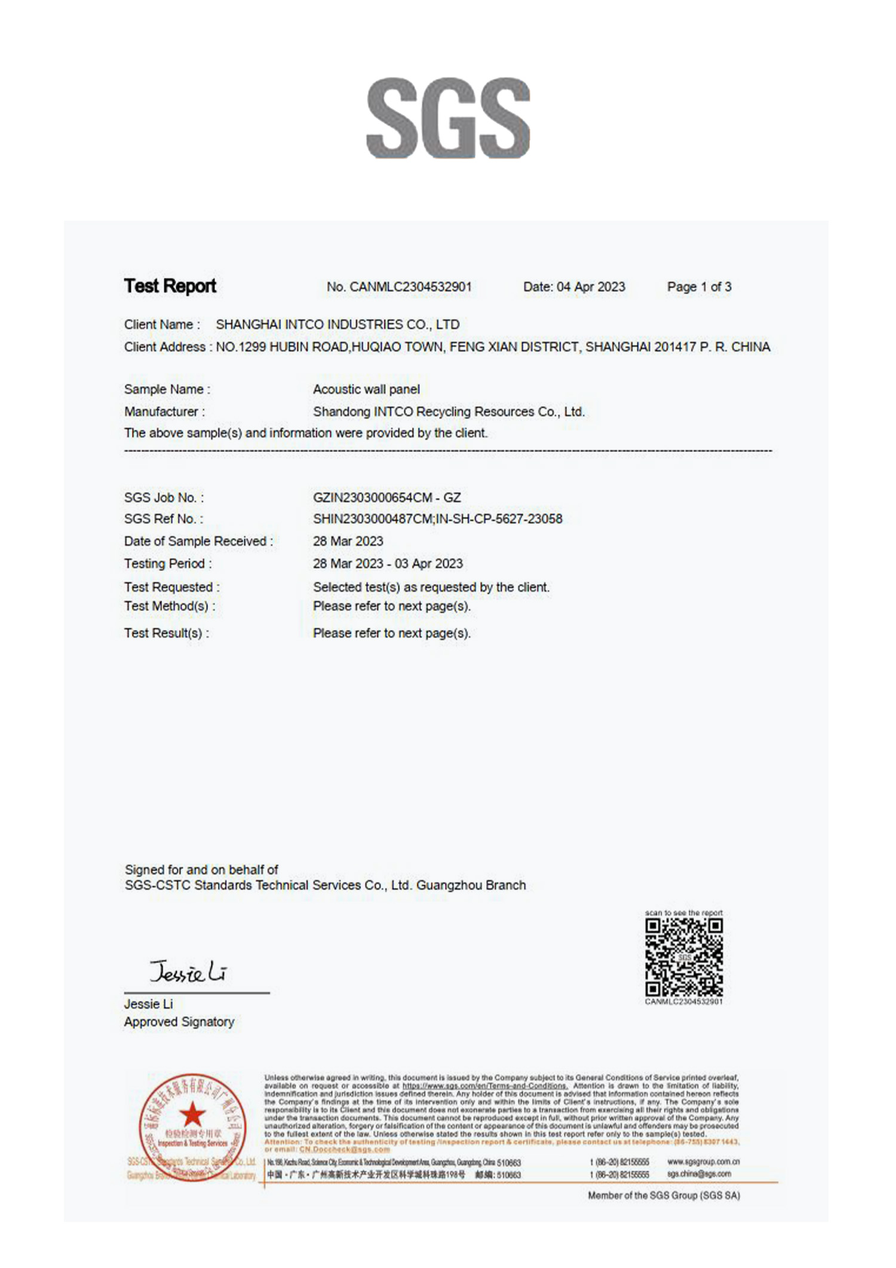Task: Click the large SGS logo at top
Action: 448,118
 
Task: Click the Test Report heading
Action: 170,286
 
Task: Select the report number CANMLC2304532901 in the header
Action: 410,287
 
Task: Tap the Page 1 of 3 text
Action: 699,287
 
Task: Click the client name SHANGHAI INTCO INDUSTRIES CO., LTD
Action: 337,325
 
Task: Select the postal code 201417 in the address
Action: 674,347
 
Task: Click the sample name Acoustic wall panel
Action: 366,389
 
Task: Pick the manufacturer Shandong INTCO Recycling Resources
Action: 449,412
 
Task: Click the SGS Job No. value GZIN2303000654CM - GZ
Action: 386,497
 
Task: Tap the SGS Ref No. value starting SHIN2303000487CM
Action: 437,519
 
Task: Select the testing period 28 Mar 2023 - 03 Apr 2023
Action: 388,564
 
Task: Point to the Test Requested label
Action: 171,587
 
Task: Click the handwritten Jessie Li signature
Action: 188,973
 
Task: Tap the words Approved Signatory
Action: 179,1022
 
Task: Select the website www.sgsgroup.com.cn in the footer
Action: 703,1162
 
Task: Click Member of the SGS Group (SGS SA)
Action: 664,1196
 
